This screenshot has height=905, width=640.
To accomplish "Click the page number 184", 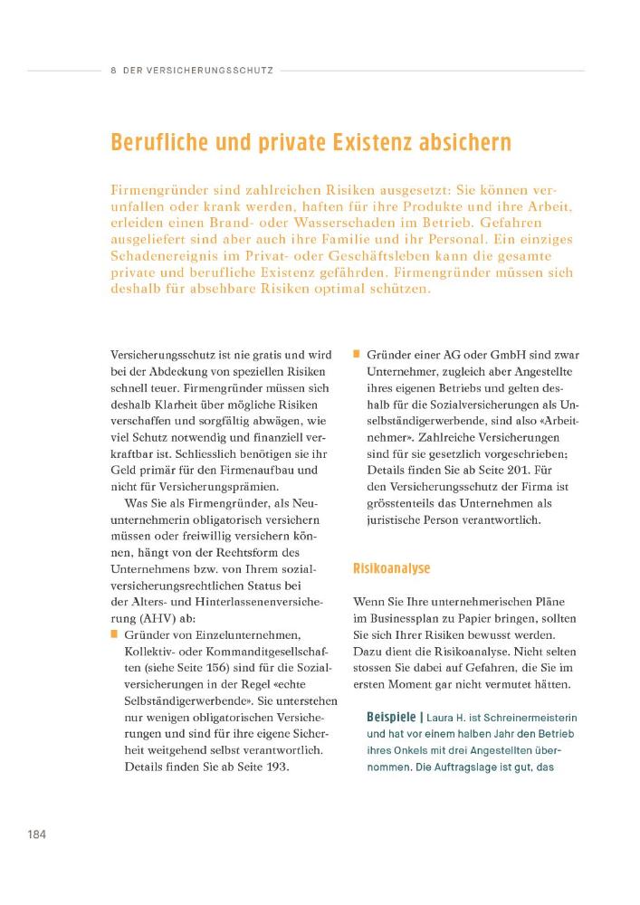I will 36,834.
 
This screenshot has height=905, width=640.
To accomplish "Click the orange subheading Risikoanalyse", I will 391,568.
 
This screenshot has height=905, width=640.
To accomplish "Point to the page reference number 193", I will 274,766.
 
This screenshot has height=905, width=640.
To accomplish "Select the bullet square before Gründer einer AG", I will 358,354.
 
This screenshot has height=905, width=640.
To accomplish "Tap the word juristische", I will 399,521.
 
